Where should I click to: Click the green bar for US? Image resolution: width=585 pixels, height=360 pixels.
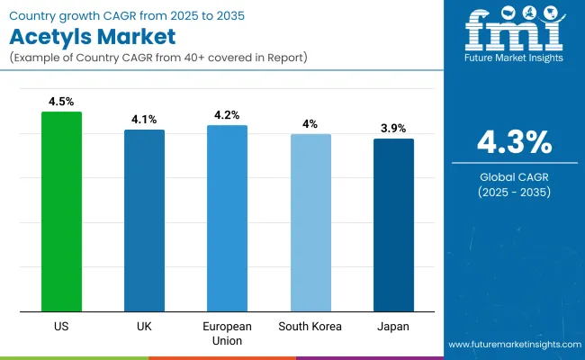point(61,212)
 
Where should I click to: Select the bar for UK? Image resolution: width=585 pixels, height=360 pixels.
point(144,221)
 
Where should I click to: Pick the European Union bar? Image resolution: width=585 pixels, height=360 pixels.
point(227,219)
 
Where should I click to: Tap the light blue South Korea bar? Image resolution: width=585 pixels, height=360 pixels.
point(310,223)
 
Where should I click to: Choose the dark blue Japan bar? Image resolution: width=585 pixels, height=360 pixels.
point(393,226)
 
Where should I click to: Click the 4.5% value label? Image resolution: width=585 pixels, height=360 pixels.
point(61,103)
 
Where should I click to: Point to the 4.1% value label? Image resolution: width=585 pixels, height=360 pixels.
point(144,120)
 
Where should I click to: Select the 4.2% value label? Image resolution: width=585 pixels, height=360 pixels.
point(227,115)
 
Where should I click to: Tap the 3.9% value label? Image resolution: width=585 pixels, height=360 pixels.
point(393,129)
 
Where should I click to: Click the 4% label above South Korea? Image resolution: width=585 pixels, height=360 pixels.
point(310,124)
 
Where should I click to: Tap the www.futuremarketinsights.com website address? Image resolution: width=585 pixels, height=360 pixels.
point(513,345)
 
